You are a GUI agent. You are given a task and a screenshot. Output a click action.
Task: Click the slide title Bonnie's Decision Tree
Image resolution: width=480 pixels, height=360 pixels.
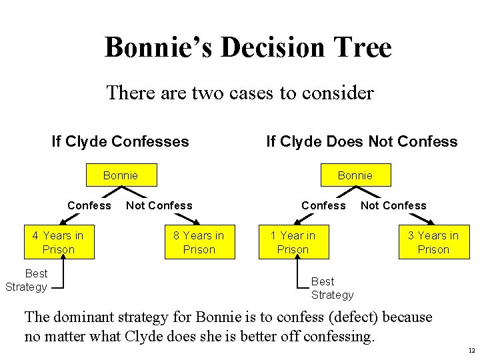[248, 47]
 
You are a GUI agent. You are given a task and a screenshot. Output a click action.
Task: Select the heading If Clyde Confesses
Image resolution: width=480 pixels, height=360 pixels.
[120, 141]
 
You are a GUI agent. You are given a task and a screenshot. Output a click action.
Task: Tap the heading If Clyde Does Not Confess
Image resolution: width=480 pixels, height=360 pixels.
[361, 141]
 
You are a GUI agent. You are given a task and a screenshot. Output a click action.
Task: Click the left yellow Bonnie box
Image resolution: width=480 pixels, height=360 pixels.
[121, 175]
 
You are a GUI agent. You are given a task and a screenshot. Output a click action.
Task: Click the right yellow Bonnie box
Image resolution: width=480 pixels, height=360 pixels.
[355, 175]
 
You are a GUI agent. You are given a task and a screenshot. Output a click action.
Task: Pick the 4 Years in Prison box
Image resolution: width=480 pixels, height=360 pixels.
[59, 242]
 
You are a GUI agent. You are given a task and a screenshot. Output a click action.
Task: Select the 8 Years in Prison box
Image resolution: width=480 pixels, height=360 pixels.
[199, 242]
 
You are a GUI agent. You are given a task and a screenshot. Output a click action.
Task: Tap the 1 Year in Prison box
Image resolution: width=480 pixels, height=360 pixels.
[293, 242]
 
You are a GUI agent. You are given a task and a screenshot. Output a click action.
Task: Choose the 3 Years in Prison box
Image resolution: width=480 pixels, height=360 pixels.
[433, 242]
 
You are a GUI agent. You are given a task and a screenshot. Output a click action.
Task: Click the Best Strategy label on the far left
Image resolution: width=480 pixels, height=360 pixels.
[27, 280]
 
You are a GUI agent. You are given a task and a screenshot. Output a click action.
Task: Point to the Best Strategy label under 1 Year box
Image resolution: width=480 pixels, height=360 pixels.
[332, 288]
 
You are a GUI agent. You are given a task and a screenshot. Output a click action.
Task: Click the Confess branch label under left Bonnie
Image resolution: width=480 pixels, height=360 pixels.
[89, 205]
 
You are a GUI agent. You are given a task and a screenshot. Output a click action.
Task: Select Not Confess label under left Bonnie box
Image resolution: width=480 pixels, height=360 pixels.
[159, 205]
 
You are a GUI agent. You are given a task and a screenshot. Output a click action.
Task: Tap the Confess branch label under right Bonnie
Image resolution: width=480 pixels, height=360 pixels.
[323, 205]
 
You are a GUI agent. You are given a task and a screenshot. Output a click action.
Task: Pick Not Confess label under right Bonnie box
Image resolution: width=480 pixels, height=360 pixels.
[393, 205]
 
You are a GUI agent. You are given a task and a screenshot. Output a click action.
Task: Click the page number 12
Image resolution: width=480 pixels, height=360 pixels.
[471, 350]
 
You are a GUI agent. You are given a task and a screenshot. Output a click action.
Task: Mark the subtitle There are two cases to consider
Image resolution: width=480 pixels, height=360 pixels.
[240, 93]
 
